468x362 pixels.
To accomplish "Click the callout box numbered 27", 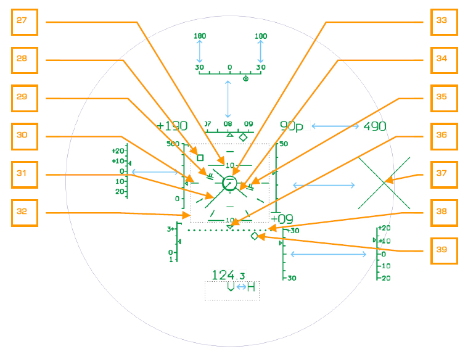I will (x=25, y=22).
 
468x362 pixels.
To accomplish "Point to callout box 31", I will (x=25, y=175).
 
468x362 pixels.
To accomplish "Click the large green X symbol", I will (x=384, y=183).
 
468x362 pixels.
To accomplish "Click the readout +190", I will (x=172, y=126).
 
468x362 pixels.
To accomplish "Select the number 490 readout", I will (x=374, y=126).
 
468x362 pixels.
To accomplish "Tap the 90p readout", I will (x=292, y=126).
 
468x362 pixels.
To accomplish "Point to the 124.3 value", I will (x=228, y=275).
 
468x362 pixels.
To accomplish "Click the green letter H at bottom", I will (x=251, y=287).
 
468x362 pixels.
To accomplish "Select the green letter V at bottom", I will (x=230, y=287).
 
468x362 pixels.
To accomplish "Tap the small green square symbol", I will (x=200, y=158).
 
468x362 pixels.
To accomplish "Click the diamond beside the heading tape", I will (x=243, y=136).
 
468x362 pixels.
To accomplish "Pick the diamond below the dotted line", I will (x=254, y=236).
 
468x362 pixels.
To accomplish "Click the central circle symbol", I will (x=229, y=182).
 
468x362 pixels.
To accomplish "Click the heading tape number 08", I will (x=229, y=124).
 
